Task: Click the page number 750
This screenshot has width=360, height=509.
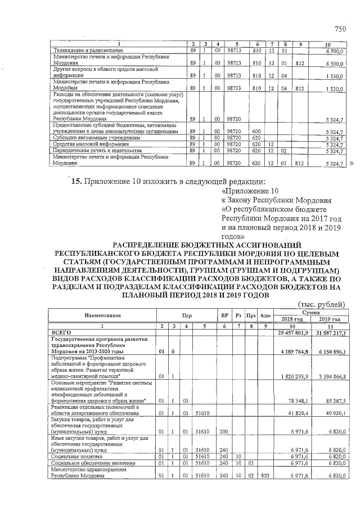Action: [x=339, y=29]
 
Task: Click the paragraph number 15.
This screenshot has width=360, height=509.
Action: [x=76, y=181]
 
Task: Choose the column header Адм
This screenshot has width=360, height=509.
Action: [x=267, y=316]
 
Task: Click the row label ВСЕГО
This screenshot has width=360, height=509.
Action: [x=61, y=333]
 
